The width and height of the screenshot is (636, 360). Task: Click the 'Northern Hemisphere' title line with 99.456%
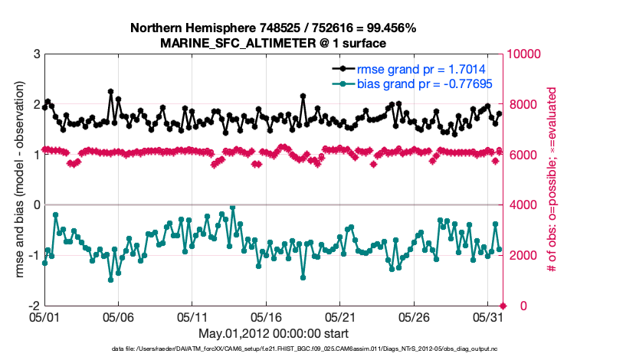click(x=274, y=28)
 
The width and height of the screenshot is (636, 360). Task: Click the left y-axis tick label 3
click(x=36, y=54)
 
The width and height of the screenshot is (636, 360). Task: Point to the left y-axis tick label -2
click(x=34, y=306)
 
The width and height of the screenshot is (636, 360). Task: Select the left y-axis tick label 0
click(x=36, y=205)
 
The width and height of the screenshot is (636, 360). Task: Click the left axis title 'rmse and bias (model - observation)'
click(x=17, y=179)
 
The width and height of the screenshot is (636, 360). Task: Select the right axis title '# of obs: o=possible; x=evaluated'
click(x=550, y=179)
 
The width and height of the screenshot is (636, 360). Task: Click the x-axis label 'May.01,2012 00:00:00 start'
click(x=274, y=333)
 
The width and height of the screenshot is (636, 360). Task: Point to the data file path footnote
click(x=274, y=349)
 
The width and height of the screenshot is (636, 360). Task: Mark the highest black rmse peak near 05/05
click(x=111, y=92)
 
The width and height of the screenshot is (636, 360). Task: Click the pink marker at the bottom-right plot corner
click(x=503, y=306)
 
